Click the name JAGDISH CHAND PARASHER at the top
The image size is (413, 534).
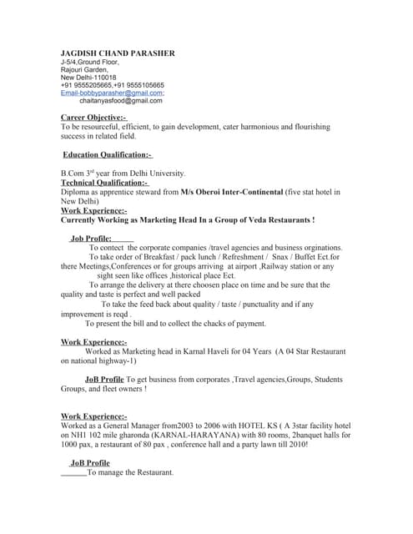[x=118, y=53]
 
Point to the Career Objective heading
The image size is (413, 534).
[x=93, y=118]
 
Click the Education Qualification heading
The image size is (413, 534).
[x=108, y=154]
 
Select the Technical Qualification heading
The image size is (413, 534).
[x=104, y=183]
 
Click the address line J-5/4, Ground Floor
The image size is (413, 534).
[x=89, y=62]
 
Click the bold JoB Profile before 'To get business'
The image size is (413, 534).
[x=104, y=379]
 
